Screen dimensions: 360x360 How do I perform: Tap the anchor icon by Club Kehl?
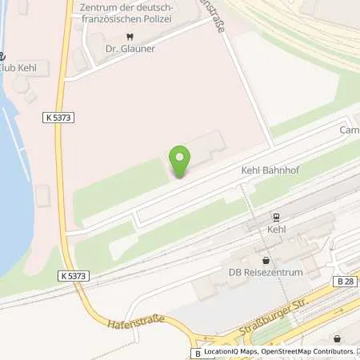pos(2,56)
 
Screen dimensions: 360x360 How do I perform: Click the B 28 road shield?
pos(345,281)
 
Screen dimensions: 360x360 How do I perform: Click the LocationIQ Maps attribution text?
pos(234,351)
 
